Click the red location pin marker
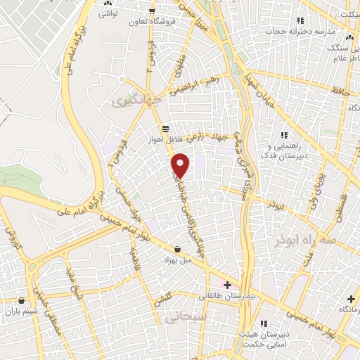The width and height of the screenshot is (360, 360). coord(181,165)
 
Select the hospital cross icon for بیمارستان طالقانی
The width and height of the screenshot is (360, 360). coord(227,285)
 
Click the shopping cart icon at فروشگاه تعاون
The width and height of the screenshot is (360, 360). coord(152,10)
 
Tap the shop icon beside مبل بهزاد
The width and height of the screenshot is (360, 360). coord(176,249)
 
